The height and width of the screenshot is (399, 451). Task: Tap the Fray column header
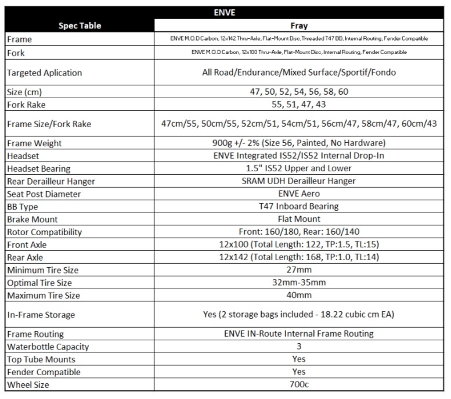click(299, 26)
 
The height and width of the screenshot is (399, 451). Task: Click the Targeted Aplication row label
click(45, 73)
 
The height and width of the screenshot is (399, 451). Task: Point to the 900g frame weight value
click(299, 143)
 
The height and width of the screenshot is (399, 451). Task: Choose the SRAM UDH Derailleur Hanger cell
click(299, 181)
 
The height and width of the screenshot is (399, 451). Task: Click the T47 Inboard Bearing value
click(299, 206)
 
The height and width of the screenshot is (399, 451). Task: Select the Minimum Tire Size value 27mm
click(299, 270)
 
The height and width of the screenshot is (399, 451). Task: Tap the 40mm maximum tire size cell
click(299, 296)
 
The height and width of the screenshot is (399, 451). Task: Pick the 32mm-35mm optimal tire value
click(299, 283)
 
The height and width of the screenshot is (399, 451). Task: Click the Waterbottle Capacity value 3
click(299, 347)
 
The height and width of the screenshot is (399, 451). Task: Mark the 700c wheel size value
click(299, 385)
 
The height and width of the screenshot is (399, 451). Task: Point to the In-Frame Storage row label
click(41, 315)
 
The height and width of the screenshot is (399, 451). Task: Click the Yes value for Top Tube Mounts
click(299, 360)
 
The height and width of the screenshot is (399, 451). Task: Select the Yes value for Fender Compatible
click(299, 372)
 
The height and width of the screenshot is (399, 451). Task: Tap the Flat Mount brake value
click(299, 219)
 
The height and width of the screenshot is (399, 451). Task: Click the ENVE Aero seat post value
click(299, 194)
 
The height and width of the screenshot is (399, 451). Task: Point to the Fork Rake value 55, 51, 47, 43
click(299, 105)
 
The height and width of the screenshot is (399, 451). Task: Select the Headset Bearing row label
click(39, 168)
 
